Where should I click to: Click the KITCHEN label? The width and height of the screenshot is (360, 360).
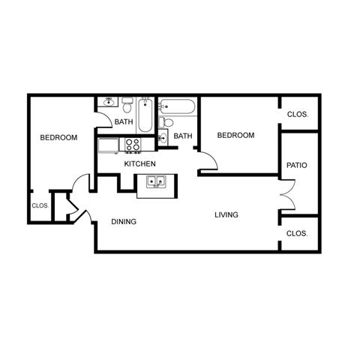(x=139, y=163)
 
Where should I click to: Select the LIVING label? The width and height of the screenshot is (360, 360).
(x=226, y=215)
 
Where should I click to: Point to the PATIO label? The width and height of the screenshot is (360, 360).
(x=297, y=165)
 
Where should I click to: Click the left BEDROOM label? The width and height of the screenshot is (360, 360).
(x=58, y=137)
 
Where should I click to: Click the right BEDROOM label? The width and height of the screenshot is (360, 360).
(x=235, y=136)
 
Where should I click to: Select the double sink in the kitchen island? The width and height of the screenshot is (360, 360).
(x=157, y=181)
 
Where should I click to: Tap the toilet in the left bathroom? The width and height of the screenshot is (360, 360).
(x=128, y=103)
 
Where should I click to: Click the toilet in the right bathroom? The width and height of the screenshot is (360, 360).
(x=166, y=122)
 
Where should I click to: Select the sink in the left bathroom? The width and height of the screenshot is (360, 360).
(x=109, y=103)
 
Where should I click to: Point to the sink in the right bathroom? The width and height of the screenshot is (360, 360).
(x=163, y=138)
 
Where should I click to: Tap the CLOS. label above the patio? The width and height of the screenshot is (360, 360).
(x=297, y=115)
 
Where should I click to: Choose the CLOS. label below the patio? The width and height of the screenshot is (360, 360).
(x=297, y=233)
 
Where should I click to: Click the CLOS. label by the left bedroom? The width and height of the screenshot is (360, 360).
(x=40, y=205)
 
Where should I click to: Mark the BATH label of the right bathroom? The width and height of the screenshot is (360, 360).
(x=183, y=136)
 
